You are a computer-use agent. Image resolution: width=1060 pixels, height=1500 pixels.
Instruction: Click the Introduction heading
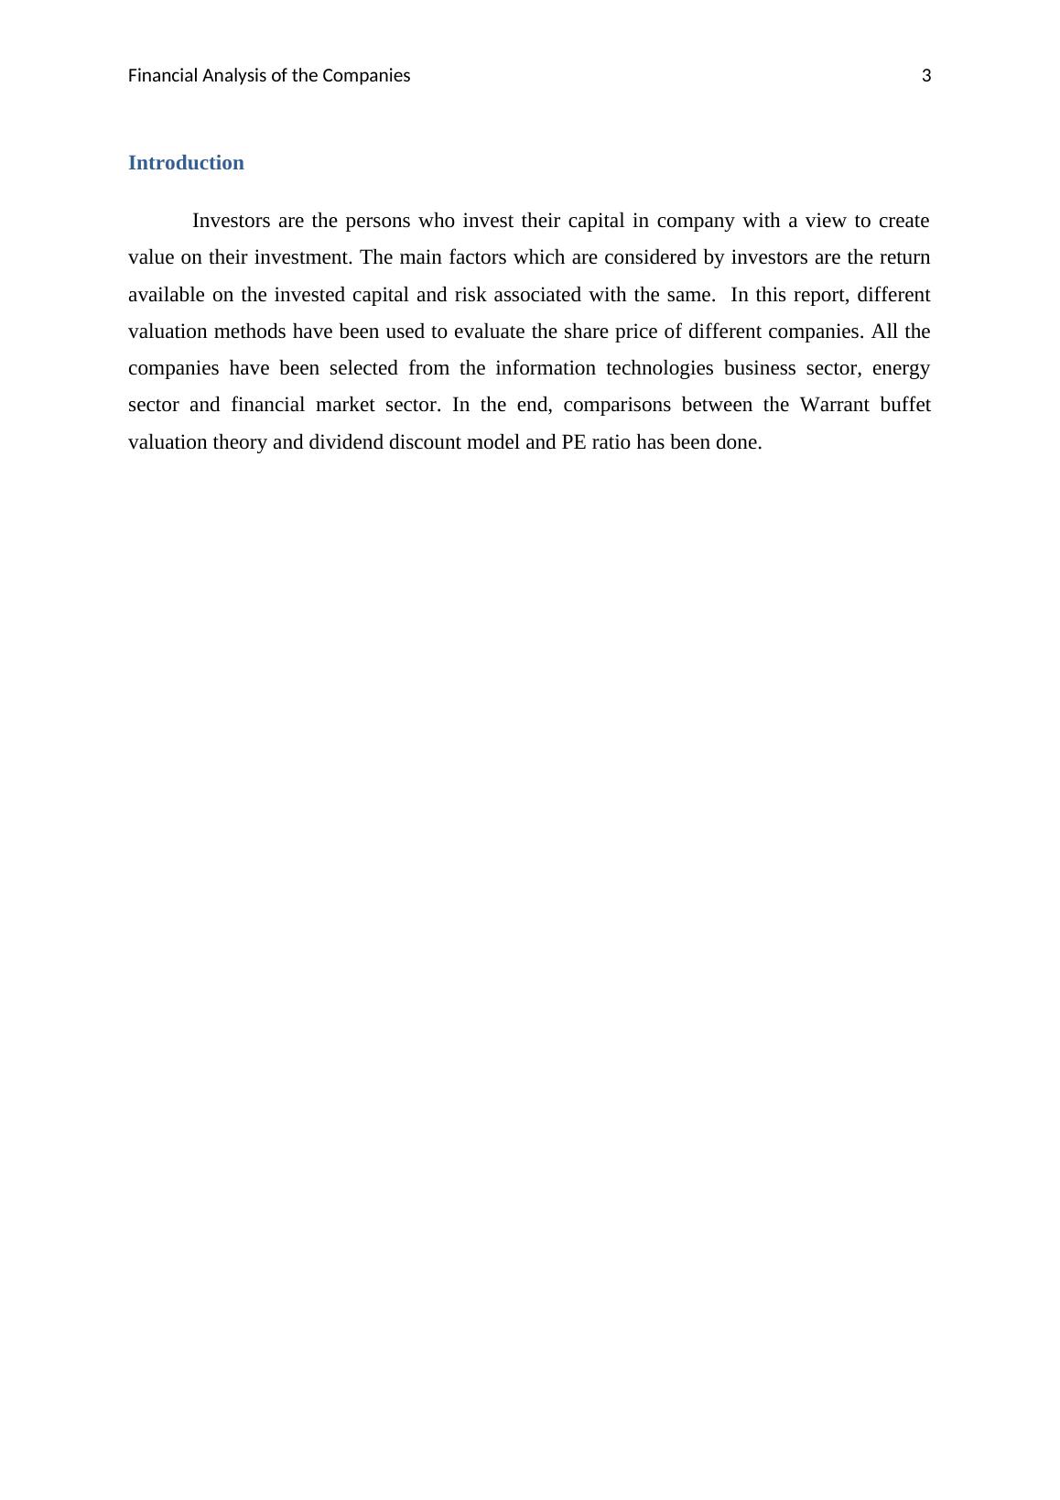(186, 163)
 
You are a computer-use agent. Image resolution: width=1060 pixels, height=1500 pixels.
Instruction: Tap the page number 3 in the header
(925, 76)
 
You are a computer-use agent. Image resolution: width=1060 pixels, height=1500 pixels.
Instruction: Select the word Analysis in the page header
(233, 76)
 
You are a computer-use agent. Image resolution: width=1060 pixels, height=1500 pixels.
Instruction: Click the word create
(903, 221)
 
